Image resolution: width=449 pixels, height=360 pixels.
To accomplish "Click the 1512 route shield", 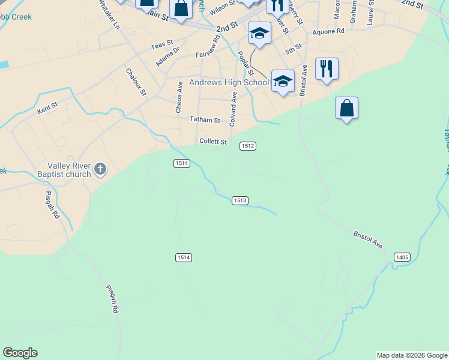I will [248, 146].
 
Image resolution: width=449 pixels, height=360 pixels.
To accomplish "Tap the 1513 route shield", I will [240, 200].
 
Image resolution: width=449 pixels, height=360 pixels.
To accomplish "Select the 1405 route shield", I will [402, 257].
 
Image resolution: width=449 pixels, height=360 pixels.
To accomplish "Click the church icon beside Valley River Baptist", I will [100, 170].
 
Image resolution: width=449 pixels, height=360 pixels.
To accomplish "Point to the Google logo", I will [19, 353].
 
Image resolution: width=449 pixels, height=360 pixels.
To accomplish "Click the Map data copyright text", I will [412, 355].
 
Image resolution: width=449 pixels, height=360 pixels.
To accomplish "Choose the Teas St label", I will [161, 44].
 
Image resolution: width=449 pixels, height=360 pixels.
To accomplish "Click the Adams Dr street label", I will [167, 58].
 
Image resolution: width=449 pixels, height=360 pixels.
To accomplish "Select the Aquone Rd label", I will [328, 31].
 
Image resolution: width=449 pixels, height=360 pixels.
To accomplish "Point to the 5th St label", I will [293, 51].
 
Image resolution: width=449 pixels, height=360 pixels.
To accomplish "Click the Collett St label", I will [213, 142].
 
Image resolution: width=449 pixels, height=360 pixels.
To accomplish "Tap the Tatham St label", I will [205, 120].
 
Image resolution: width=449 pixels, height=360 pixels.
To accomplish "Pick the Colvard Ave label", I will [233, 109].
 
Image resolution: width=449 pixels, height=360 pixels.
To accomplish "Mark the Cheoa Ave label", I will [179, 97].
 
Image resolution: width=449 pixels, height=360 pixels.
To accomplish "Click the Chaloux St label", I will [136, 81].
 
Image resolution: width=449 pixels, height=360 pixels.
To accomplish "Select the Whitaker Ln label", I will [110, 15].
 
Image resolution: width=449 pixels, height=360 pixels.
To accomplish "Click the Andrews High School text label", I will [229, 82].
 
